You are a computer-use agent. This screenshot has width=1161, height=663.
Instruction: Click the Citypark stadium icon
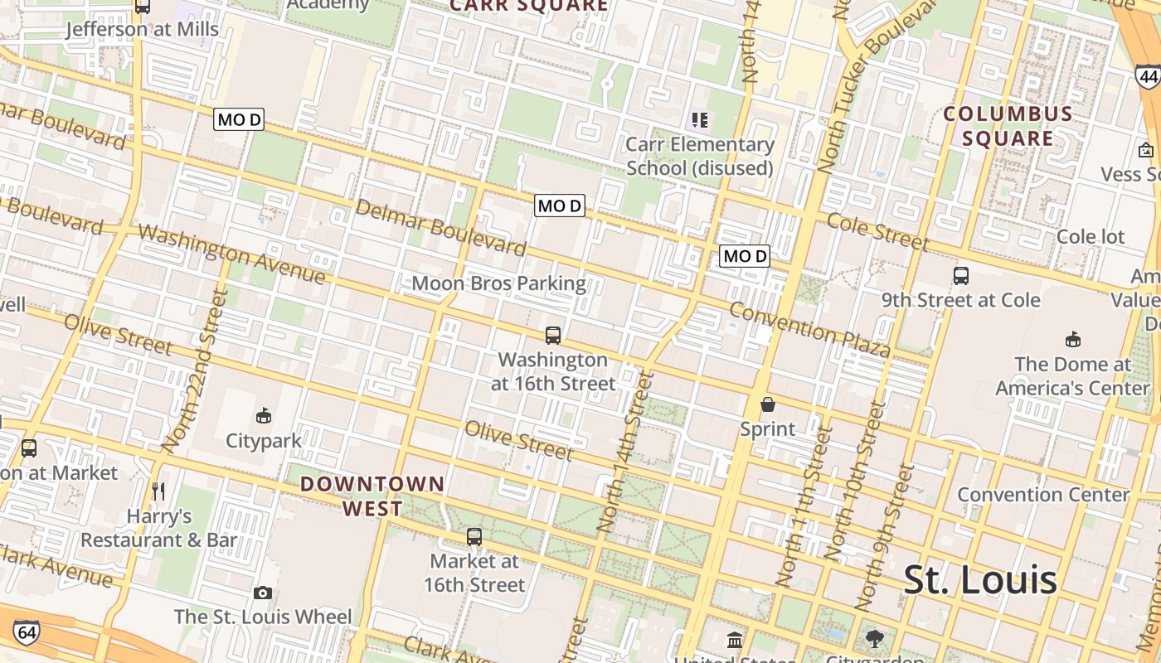tap(264, 415)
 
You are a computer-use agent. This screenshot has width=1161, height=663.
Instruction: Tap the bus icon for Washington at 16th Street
tap(553, 335)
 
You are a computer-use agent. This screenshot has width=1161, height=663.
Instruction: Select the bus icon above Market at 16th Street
tap(474, 536)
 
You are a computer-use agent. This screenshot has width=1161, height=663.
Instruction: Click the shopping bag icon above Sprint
tap(768, 404)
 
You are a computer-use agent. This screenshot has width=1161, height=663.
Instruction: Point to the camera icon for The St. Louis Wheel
tap(263, 593)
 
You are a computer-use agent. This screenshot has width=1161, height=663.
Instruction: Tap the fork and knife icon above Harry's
tap(159, 491)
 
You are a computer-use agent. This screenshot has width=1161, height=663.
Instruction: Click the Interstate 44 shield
tap(1148, 78)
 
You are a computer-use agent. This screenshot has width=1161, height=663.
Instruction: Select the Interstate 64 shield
tap(27, 633)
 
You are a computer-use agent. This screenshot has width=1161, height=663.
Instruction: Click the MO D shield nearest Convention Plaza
tap(745, 256)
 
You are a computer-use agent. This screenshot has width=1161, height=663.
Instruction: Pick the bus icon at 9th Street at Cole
tap(961, 275)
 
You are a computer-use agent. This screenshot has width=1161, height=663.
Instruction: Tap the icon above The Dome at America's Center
tap(1073, 338)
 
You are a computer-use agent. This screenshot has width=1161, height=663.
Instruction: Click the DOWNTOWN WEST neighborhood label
tap(372, 496)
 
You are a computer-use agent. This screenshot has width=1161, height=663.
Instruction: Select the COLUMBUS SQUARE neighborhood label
tap(1008, 126)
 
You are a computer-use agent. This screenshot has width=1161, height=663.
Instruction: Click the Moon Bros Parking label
tap(498, 283)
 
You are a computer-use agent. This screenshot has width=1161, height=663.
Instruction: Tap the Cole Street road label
tap(878, 232)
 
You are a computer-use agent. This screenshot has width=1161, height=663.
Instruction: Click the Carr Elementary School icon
tap(699, 120)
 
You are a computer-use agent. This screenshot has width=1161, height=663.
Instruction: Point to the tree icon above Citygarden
tap(874, 638)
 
